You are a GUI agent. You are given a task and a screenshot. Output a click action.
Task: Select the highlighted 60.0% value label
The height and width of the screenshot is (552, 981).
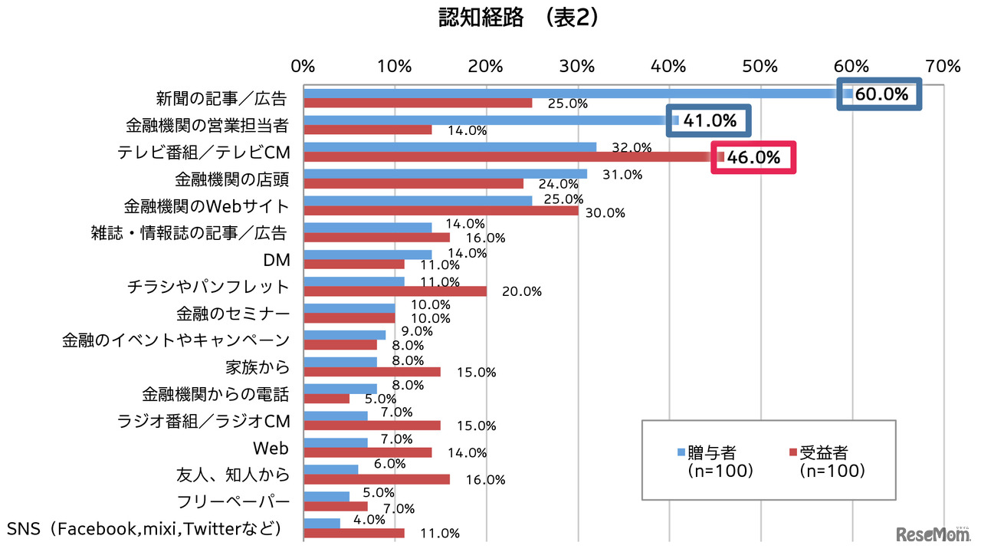(881, 95)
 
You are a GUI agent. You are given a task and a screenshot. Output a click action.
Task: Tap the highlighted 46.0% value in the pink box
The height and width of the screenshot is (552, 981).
(753, 158)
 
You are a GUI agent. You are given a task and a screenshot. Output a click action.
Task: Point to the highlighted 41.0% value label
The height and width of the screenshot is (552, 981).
(709, 121)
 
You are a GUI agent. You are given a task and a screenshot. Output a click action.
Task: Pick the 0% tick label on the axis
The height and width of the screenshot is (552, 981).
(303, 66)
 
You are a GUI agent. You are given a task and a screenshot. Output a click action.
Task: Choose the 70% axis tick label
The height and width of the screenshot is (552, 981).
(943, 66)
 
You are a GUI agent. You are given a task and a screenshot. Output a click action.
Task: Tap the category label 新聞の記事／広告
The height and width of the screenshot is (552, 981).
(221, 99)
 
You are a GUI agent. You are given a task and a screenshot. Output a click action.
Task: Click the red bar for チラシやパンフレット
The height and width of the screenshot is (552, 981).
(395, 291)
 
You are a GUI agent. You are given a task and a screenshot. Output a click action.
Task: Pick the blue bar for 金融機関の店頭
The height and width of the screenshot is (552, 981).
(445, 174)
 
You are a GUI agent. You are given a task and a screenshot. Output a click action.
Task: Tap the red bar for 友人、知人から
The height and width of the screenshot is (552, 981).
(376, 479)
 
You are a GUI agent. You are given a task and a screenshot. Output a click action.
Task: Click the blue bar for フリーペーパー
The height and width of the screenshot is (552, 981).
(326, 496)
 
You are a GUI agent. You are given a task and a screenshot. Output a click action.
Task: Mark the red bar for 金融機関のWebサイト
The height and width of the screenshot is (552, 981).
(441, 211)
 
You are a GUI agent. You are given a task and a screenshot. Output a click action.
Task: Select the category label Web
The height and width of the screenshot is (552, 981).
(271, 448)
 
